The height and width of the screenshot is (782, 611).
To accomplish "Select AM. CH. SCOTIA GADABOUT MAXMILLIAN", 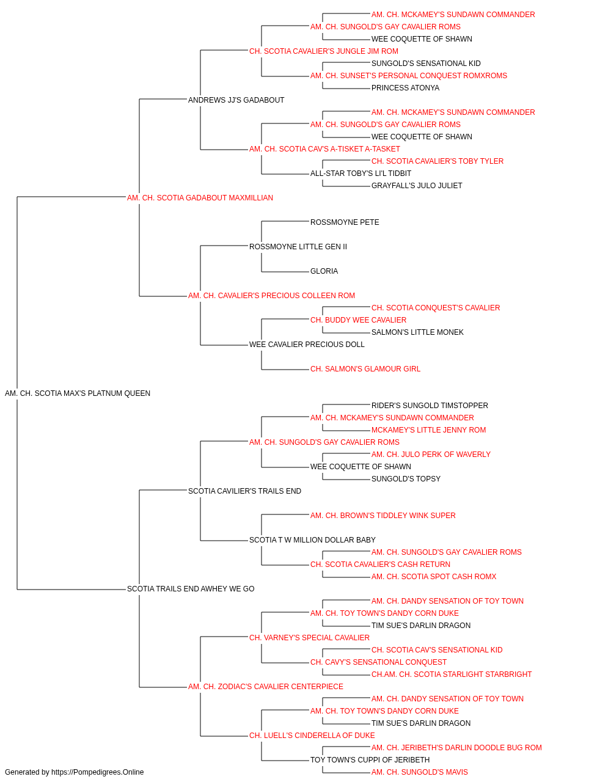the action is click(x=200, y=198).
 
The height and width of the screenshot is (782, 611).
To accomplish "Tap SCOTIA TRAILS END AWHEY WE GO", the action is click(x=191, y=589).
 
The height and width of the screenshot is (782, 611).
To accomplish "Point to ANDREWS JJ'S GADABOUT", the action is click(x=236, y=100).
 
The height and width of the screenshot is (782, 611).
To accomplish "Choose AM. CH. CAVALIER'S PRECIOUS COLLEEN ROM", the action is click(x=271, y=296).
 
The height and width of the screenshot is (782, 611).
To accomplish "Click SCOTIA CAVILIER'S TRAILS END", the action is click(x=244, y=491).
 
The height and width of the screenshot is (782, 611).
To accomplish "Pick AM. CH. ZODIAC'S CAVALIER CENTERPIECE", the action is click(x=266, y=686).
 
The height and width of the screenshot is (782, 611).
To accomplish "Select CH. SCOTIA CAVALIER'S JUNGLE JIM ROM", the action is click(x=323, y=51).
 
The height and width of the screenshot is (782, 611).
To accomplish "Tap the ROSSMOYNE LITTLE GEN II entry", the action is click(x=298, y=246).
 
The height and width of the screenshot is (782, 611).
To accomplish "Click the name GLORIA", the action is click(x=324, y=271).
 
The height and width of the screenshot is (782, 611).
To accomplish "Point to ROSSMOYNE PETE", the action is click(x=345, y=222).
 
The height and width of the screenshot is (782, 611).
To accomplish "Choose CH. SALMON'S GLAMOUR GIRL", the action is click(x=365, y=369).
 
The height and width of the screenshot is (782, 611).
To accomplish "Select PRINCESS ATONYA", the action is click(x=405, y=88).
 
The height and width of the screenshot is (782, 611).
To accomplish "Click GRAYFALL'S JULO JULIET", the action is click(x=417, y=185).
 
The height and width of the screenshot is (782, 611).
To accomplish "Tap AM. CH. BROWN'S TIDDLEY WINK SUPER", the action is click(x=383, y=516).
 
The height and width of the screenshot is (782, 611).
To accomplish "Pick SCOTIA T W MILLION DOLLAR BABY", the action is click(x=312, y=540).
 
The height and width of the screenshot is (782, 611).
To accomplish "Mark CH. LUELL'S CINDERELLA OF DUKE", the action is click(x=312, y=735).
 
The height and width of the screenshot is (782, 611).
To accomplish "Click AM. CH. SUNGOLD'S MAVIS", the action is click(x=420, y=772).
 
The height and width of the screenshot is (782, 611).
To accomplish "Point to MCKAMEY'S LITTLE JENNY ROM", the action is click(x=428, y=429).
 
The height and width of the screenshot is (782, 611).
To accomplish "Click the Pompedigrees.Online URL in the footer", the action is click(x=97, y=772).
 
